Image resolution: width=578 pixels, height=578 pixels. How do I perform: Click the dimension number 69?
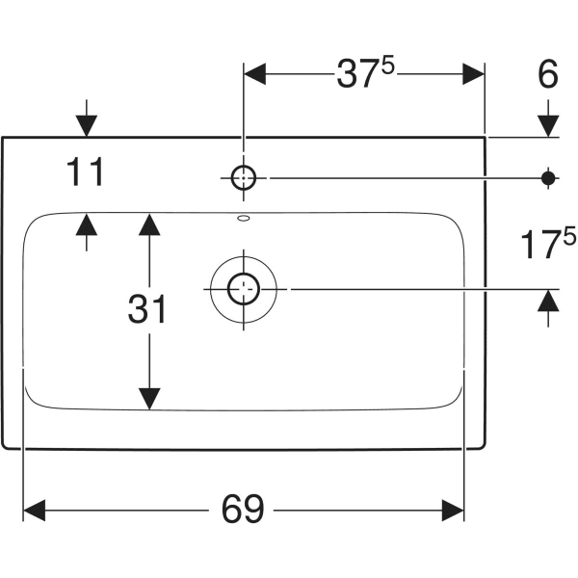[242, 508]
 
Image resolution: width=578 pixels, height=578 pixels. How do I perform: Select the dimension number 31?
[146, 309]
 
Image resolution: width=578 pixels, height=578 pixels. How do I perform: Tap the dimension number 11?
[86, 172]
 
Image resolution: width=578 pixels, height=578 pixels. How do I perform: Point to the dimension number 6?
[548, 75]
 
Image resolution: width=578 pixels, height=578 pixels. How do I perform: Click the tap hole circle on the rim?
[243, 176]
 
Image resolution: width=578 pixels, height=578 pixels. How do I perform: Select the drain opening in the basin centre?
[243, 288]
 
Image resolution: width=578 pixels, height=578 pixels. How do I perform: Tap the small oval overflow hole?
[243, 220]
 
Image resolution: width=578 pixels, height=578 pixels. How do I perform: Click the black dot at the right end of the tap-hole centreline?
[549, 177]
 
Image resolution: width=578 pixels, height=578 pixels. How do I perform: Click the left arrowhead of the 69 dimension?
[35, 508]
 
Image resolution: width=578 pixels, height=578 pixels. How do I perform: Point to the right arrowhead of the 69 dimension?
[454, 508]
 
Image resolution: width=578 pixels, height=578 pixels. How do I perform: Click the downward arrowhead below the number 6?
[549, 125]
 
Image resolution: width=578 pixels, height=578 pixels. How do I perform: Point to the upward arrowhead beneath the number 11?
[86, 224]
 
